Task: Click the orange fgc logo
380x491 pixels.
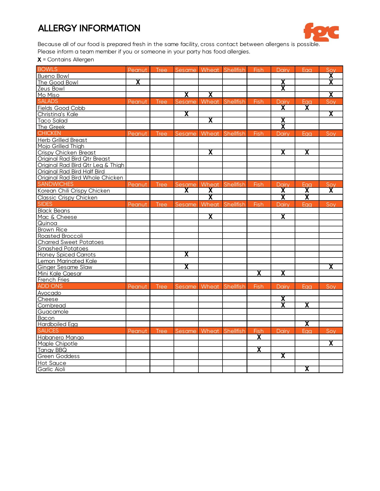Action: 321,32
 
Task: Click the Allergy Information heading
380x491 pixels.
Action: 89,28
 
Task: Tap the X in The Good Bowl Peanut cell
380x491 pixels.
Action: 138,82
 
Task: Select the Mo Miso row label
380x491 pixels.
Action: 48,95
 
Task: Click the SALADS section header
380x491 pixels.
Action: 48,101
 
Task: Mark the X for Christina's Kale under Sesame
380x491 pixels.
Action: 186,114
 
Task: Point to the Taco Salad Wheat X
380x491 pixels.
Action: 210,120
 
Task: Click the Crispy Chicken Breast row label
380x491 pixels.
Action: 67,152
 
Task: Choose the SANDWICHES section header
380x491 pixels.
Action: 55,184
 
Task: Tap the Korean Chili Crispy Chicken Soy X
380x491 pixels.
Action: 331,190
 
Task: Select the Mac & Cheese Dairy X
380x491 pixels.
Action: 283,217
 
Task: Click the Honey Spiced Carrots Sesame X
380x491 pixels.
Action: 186,254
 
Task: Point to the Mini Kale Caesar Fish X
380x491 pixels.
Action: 259,273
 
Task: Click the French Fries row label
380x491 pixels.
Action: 53,280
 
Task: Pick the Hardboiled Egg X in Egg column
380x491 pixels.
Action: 307,324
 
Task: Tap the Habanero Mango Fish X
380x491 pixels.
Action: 259,337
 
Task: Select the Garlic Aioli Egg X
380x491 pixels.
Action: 307,369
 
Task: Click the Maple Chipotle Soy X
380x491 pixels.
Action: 331,343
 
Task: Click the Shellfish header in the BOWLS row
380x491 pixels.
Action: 235,70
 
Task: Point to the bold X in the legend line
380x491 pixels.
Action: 39,60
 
